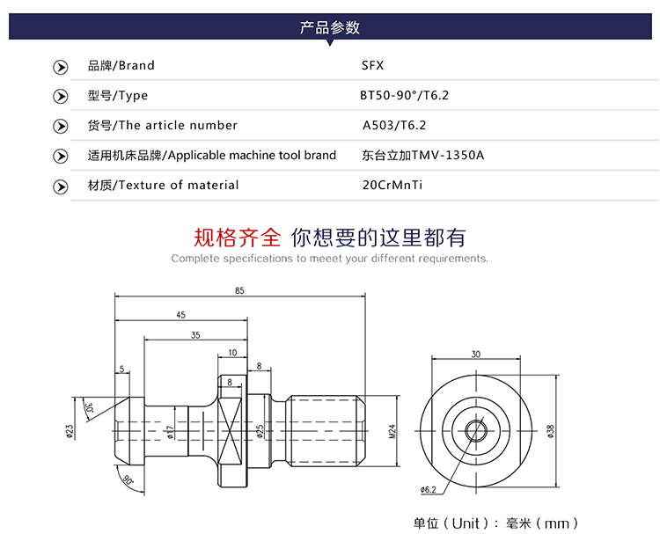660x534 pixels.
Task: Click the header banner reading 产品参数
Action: coord(330,27)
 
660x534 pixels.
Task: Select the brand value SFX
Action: coord(373,65)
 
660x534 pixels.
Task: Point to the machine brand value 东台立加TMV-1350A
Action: coord(423,156)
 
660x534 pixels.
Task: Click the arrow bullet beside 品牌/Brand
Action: coord(61,66)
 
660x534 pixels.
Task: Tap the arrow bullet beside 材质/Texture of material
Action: coord(61,186)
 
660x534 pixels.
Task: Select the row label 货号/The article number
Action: coord(163,126)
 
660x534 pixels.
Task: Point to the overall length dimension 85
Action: coord(239,291)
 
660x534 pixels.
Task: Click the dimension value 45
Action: coord(180,314)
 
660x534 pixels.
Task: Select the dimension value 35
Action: coord(194,335)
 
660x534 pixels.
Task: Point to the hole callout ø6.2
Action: coord(429,489)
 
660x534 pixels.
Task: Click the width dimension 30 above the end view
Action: coord(475,355)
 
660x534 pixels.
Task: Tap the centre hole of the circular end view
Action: coord(476,431)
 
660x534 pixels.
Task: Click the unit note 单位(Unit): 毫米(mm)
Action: coord(497,523)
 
